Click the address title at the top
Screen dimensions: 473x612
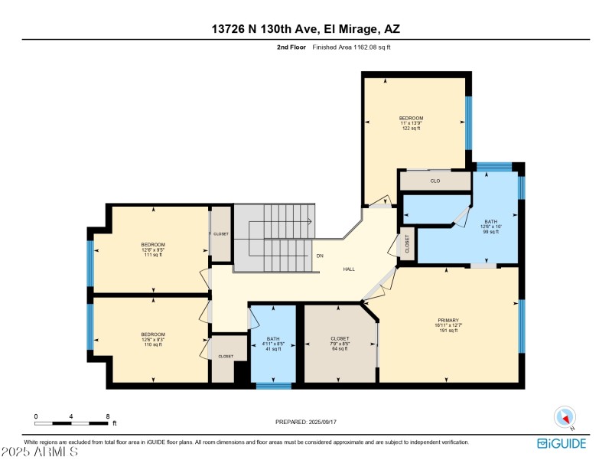click(x=306, y=30)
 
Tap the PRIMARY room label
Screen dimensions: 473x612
click(x=448, y=320)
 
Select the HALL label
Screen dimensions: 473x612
click(x=349, y=269)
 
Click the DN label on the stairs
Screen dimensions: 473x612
click(x=319, y=256)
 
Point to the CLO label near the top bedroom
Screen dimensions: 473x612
click(x=435, y=181)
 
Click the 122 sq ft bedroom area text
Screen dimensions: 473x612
click(x=411, y=128)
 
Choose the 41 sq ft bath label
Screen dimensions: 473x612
click(x=273, y=348)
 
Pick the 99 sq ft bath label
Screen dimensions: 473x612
click(x=490, y=230)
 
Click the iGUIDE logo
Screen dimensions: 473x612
click(x=562, y=443)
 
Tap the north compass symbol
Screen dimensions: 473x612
click(x=565, y=416)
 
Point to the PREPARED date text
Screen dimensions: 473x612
click(x=306, y=422)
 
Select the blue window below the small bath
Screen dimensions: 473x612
click(x=273, y=386)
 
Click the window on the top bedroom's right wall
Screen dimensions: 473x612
click(x=469, y=122)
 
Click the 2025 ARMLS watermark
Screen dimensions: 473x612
click(x=40, y=452)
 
